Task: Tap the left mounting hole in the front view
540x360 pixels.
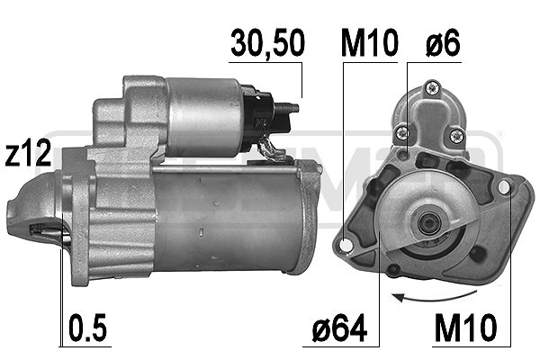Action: tap(345, 243)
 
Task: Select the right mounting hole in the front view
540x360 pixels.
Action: tap(503, 186)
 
